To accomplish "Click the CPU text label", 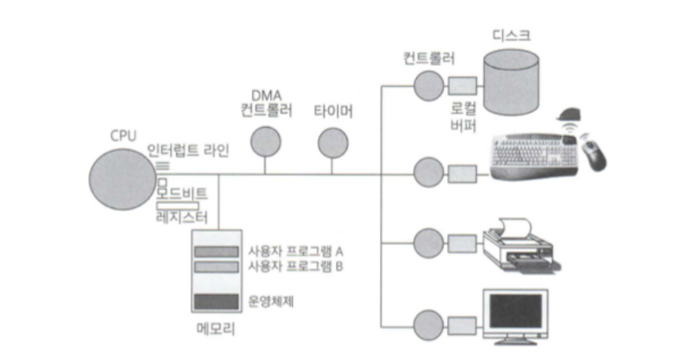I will (x=123, y=135).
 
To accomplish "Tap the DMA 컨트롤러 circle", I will (x=266, y=141).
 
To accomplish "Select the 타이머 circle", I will (x=331, y=141).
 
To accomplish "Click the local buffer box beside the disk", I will (x=461, y=85).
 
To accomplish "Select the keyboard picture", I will (x=533, y=154).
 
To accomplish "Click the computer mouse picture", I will (x=595, y=155).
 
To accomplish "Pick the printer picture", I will (x=522, y=242).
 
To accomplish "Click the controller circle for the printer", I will (x=427, y=245).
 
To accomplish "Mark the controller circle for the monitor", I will (x=427, y=318).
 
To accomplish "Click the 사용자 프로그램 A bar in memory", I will (x=216, y=250).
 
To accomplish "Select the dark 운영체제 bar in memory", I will (x=216, y=302).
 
